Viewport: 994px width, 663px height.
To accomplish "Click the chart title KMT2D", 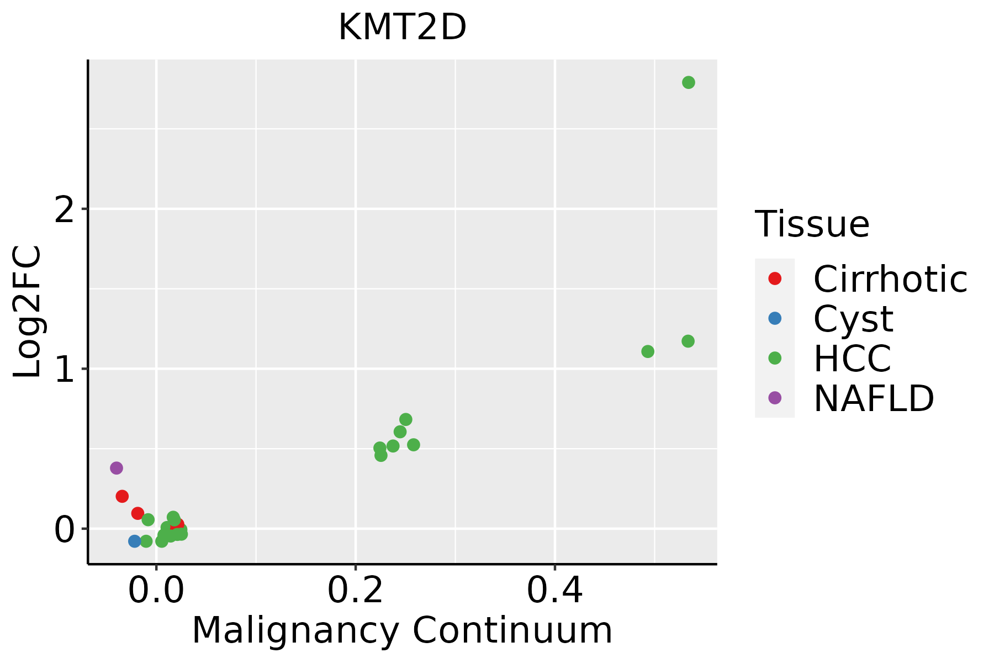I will (402, 28).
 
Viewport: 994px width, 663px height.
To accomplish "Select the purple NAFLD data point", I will (116, 468).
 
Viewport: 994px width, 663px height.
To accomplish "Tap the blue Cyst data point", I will (135, 541).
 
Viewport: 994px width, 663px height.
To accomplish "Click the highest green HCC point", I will (688, 82).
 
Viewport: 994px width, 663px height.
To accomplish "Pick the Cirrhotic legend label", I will (890, 279).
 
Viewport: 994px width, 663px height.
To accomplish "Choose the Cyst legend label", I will (853, 319).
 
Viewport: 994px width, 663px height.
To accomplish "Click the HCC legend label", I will (852, 359).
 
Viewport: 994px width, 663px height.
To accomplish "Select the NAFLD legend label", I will (874, 398).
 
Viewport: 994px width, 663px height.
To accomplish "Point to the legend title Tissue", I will (812, 224).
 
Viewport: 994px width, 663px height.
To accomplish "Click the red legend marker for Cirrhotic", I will (775, 278).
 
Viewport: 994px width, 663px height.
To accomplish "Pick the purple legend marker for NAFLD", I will (775, 397).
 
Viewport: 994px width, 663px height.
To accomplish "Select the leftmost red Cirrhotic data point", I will (122, 496).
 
